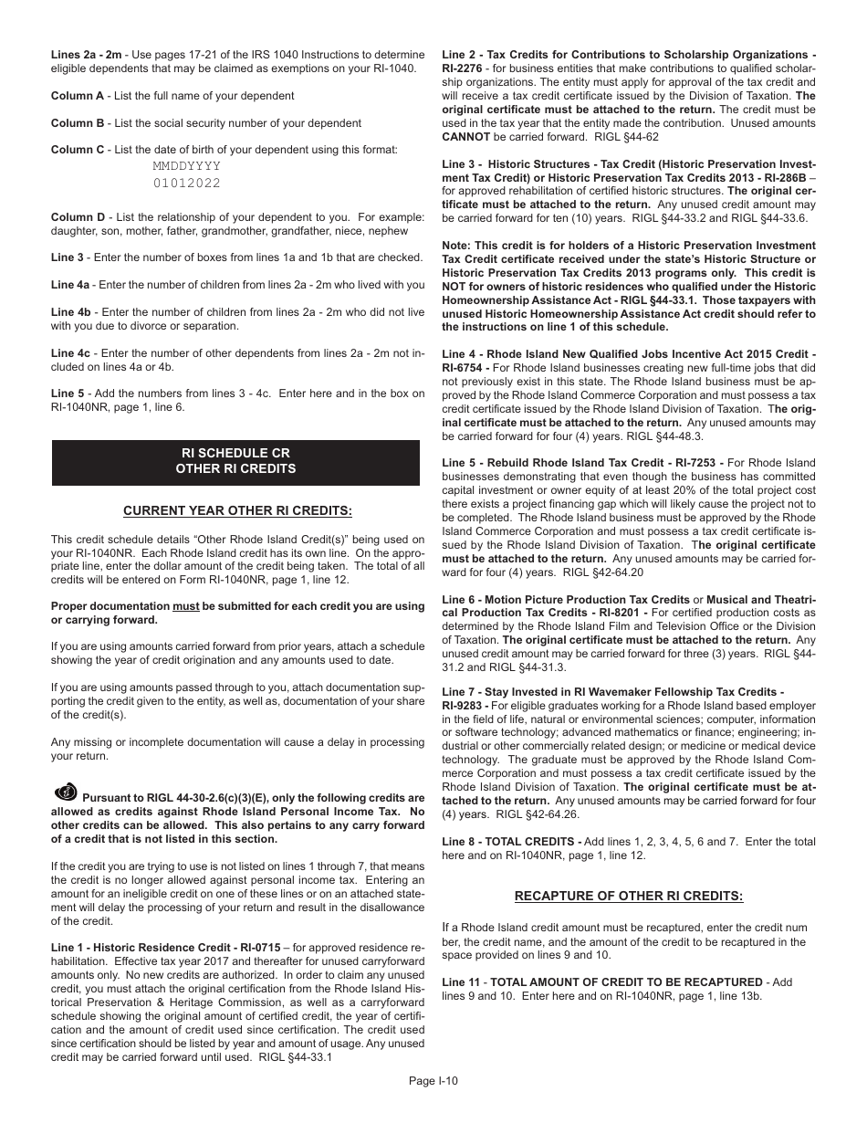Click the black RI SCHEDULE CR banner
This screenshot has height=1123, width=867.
tap(235, 461)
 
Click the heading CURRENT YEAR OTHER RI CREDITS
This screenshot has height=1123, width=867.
tap(237, 510)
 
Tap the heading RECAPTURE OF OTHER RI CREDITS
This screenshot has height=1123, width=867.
tap(629, 895)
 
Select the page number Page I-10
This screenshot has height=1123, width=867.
tap(433, 1080)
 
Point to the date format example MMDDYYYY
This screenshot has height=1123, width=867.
tap(186, 167)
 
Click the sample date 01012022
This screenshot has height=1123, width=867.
tap(186, 184)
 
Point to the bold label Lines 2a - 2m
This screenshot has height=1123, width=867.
tap(86, 55)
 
